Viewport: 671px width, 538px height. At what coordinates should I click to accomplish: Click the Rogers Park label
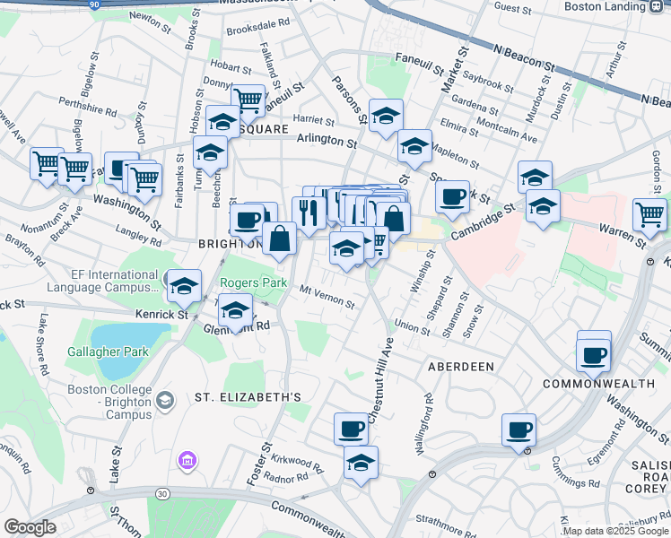coord(254,282)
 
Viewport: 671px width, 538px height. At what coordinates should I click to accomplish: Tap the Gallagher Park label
coord(108,351)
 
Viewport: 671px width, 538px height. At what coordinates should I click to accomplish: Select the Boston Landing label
coord(605,6)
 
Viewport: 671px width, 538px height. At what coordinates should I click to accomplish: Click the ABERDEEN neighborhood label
coord(461,367)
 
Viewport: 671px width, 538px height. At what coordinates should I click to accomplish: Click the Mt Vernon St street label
coord(327,296)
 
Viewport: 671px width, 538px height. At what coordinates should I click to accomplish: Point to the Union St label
coord(412,327)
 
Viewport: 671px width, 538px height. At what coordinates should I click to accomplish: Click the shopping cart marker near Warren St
coord(649,214)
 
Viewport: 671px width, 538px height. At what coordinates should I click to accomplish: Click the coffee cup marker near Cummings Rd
coord(518,430)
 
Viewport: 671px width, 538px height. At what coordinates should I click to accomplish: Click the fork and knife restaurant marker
coord(309,213)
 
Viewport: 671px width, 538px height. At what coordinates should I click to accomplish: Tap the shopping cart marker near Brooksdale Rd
coord(248,100)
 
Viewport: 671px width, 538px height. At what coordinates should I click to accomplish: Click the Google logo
coord(30,527)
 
